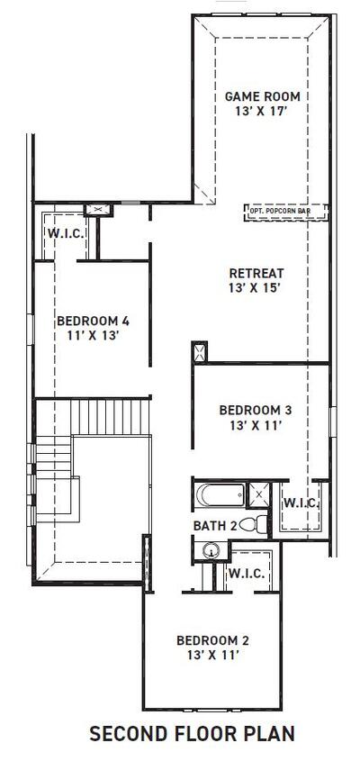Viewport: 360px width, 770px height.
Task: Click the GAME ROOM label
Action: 262,96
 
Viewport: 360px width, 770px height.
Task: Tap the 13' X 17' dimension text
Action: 262,112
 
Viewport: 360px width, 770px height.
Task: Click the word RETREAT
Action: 256,274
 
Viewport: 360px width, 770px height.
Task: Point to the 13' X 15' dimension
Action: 256,289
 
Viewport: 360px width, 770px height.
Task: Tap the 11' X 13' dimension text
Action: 94,335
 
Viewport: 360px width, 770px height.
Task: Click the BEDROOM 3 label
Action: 256,410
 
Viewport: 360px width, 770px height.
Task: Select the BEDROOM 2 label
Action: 212,640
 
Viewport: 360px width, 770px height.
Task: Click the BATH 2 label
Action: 216,524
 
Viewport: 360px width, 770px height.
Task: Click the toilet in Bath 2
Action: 258,523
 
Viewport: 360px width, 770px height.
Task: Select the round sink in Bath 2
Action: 211,550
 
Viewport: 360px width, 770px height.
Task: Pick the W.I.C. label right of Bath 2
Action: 301,503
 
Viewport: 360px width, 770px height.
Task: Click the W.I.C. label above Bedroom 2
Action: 245,573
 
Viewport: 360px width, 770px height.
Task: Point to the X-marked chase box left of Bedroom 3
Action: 200,350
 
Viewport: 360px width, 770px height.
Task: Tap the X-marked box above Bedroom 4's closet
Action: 96,210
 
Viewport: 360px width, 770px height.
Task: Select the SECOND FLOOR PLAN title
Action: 192,734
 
